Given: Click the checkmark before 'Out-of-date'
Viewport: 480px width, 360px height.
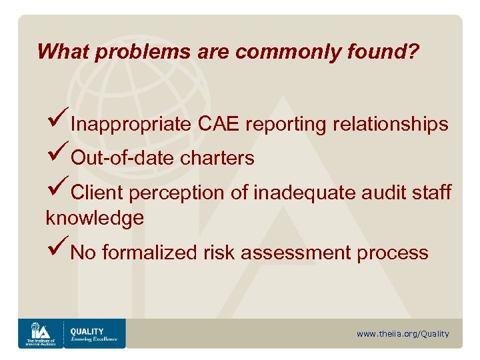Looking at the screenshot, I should [57, 156].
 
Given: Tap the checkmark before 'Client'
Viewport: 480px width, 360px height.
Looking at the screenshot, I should [57, 191].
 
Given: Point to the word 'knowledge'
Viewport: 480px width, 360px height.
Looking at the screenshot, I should [95, 218].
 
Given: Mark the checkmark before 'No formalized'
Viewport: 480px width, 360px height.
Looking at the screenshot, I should [57, 251].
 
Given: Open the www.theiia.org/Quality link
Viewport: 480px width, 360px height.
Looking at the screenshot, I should [403, 333].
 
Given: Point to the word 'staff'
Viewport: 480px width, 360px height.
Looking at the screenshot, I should [433, 193].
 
